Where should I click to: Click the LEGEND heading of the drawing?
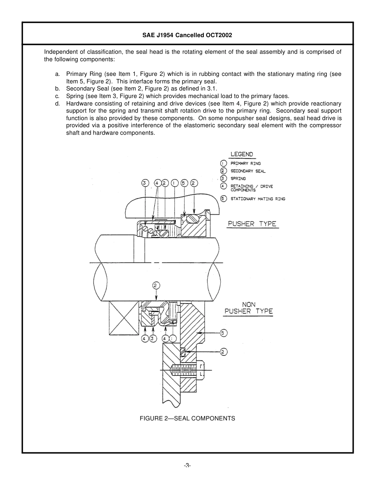[242, 154]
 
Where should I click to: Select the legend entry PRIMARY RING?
[246, 163]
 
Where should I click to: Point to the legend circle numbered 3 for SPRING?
[223, 179]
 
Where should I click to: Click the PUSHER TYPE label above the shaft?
[252, 224]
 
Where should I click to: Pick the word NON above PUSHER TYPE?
[249, 304]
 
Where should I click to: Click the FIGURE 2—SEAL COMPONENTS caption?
[187, 418]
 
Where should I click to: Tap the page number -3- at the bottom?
[187, 465]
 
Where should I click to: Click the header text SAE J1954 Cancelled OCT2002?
[187, 35]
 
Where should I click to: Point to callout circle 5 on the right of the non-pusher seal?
[223, 333]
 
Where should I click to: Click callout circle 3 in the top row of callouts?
[145, 183]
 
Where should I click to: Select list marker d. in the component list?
[58, 104]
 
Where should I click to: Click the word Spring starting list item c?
[74, 96]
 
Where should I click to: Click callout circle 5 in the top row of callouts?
[184, 183]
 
